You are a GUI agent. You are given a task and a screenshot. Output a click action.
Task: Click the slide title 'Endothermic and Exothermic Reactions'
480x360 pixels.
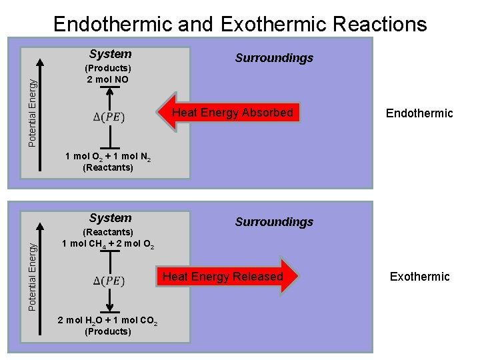(x=240, y=24)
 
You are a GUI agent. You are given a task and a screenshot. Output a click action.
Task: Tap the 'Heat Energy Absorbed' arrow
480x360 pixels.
(x=230, y=113)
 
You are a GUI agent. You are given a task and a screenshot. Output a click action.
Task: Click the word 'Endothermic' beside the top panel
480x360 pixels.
(x=419, y=113)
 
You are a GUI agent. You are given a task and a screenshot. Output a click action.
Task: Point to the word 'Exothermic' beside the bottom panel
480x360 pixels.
(x=420, y=277)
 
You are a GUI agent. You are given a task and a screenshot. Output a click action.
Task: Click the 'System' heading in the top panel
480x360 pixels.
(x=111, y=54)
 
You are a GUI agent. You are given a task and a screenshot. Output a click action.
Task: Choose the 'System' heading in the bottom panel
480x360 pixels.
(x=111, y=218)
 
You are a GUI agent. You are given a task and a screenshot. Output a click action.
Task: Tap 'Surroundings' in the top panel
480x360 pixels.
(x=274, y=58)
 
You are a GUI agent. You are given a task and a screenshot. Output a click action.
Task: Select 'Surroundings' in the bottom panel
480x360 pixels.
(x=274, y=222)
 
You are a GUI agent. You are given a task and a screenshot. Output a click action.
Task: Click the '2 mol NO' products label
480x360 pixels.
(x=108, y=79)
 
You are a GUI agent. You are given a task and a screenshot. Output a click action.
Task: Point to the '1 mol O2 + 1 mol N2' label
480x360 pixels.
(x=108, y=157)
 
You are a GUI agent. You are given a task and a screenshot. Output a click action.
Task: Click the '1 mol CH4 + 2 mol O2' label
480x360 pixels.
(x=108, y=243)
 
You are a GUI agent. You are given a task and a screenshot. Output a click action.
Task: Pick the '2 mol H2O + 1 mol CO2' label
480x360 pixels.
(x=108, y=321)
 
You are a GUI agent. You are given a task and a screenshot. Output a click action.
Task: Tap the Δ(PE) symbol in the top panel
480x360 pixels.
(x=109, y=117)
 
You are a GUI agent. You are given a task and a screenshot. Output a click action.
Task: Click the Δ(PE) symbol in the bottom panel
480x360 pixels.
(x=109, y=281)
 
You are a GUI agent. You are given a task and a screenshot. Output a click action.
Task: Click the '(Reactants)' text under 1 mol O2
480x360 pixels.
(x=108, y=168)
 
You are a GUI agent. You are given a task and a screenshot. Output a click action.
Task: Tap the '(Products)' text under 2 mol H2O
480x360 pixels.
(x=108, y=331)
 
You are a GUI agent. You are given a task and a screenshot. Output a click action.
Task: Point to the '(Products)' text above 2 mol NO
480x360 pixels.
(x=108, y=68)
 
